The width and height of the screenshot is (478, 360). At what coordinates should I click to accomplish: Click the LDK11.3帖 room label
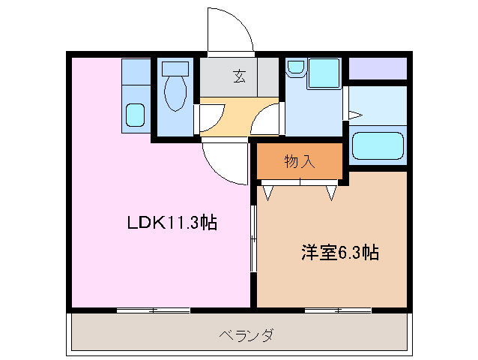pos(171,223)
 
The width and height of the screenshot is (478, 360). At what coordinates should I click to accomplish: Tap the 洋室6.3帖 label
pos(340,253)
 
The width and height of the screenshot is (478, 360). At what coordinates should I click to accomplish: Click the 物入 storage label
pos(300,160)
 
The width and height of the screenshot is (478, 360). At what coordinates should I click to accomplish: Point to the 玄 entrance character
pos(239,75)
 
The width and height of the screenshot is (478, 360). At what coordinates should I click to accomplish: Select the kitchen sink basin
pos(136,115)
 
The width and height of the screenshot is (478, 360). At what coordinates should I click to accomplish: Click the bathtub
pos(377,145)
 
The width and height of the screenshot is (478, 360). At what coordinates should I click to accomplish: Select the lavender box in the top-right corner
pos(378,68)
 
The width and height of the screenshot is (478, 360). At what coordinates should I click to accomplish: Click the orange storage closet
pos(300,160)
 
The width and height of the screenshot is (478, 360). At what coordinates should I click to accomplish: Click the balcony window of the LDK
pos(153,310)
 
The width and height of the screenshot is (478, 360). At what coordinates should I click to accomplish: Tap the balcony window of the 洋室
pos(338,310)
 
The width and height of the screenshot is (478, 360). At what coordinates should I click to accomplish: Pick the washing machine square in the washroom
pos(324,73)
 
